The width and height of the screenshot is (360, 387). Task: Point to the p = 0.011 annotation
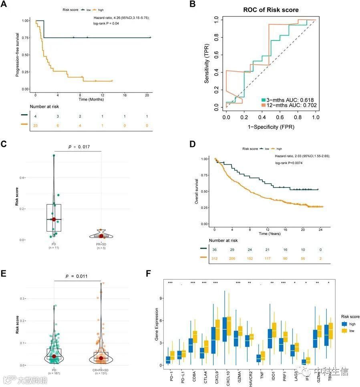point(78,276)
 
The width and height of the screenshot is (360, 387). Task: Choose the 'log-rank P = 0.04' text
point(105,24)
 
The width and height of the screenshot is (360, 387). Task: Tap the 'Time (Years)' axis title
point(269,233)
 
